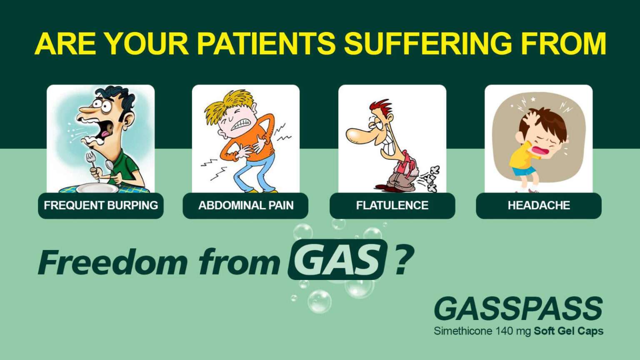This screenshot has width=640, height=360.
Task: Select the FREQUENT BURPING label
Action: click(101, 205)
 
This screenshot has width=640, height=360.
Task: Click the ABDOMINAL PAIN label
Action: click(246, 205)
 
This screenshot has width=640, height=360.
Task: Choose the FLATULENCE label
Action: click(392, 205)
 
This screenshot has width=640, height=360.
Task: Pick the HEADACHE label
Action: click(539, 205)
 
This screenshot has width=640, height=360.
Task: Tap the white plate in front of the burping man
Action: click(97, 188)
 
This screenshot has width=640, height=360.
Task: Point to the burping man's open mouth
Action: click(104, 129)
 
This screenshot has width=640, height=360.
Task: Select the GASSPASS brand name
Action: click(518, 309)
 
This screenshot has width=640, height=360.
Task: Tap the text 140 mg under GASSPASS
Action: click(514, 331)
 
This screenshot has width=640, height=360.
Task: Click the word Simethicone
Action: click(463, 331)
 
